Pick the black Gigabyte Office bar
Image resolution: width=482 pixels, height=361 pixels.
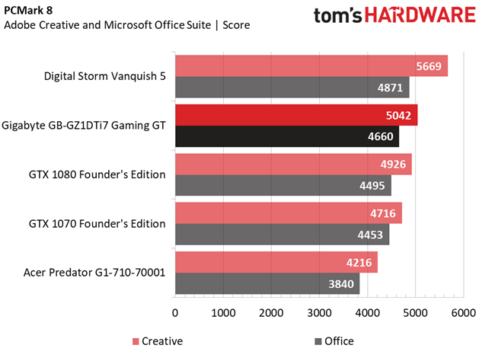tap(286, 136)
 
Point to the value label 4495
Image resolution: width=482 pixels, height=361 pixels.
tap(374, 186)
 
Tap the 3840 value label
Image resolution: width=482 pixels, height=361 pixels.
tap(342, 283)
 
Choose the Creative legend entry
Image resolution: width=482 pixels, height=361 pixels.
tap(158, 341)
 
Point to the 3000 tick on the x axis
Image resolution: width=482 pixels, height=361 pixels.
tap(319, 312)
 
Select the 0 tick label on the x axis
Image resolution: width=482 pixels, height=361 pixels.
tap(176, 312)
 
